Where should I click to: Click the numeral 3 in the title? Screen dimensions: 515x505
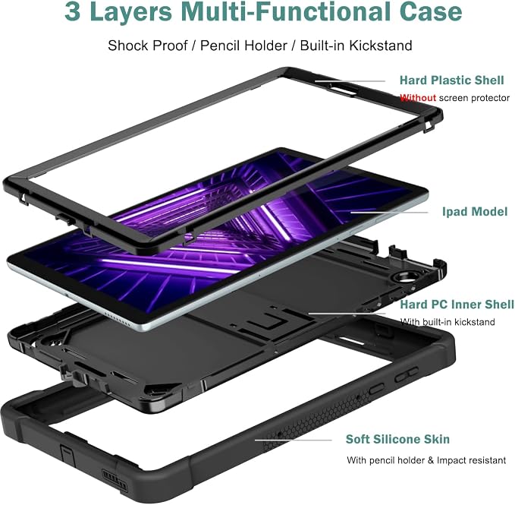tap(73, 12)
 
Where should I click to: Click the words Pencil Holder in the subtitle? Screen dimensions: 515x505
tap(243, 46)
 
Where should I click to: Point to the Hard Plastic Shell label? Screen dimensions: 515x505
tap(451, 80)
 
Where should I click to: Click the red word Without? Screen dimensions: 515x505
tap(418, 98)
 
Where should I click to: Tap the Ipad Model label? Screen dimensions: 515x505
tap(475, 211)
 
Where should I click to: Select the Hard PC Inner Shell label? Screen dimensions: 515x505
tap(457, 305)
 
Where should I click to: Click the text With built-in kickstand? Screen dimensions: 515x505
tap(447, 321)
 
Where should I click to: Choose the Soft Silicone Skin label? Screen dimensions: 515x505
tap(397, 439)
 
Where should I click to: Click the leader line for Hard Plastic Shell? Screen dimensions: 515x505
tap(350, 81)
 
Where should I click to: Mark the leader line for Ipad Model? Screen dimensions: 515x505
tap(389, 212)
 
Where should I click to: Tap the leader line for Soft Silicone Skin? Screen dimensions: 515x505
tap(294, 440)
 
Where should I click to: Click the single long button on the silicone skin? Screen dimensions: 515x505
tap(376, 389)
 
